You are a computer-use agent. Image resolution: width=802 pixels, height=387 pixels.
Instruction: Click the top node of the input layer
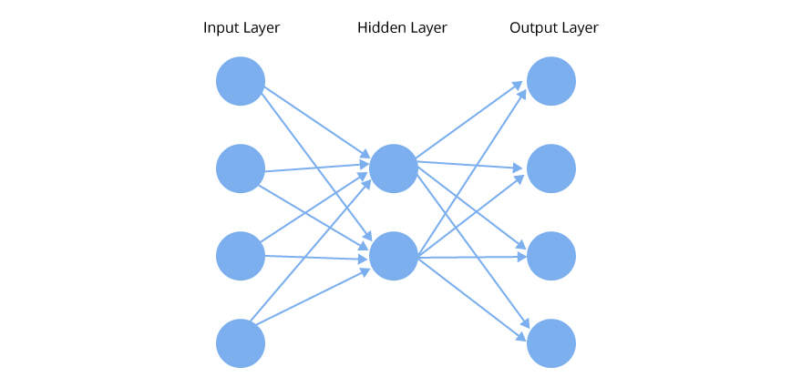[x=241, y=81]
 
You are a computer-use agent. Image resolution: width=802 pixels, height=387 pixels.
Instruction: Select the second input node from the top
[x=241, y=168]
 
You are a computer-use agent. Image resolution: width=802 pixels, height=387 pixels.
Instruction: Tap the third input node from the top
[x=241, y=256]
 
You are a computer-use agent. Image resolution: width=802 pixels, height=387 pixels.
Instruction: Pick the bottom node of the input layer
[x=241, y=343]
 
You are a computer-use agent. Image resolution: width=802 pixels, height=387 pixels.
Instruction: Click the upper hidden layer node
[x=394, y=168]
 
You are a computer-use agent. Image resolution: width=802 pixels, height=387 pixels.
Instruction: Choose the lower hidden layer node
[x=394, y=256]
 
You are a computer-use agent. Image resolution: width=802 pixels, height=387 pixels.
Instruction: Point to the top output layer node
[x=551, y=81]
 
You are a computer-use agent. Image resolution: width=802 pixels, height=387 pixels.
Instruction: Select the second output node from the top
[x=551, y=168]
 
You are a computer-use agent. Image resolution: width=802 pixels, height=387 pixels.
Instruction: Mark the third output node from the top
[x=551, y=256]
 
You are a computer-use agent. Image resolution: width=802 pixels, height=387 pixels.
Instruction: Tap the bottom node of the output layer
[x=551, y=343]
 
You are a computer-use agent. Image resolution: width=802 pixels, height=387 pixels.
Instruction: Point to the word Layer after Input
[x=262, y=28]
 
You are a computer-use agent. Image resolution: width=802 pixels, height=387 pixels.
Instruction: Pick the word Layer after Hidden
[x=428, y=28]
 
